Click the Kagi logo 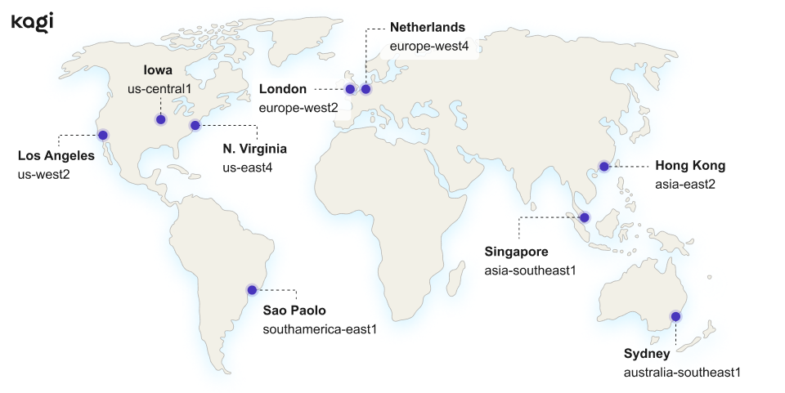pos(33,23)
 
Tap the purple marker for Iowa pos(160,119)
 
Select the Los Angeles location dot pos(103,135)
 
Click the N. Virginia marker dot pos(195,125)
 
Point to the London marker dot pos(350,89)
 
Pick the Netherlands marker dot pos(366,89)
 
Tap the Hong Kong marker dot pos(603,167)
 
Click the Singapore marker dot pos(585,217)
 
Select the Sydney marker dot pos(675,316)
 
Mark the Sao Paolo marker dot pos(252,289)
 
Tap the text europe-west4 pos(428,47)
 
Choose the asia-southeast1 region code pos(530,270)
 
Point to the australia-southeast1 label pos(681,373)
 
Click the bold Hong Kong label pos(690,166)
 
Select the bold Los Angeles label pos(56,155)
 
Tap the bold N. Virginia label pos(254,149)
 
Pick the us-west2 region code pos(43,174)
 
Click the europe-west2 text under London pos(298,107)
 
